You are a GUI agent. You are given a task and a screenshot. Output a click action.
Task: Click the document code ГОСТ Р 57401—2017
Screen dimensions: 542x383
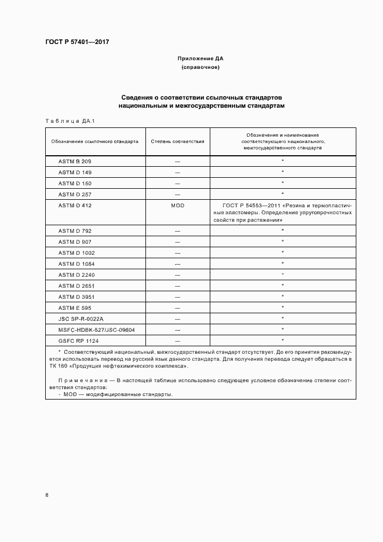pos(77,42)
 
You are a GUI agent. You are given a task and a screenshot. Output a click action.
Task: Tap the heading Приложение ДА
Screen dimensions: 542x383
pos(200,58)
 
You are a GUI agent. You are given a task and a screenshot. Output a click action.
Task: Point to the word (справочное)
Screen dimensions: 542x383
pos(200,68)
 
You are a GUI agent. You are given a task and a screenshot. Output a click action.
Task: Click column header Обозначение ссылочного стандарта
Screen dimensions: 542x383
pos(94,141)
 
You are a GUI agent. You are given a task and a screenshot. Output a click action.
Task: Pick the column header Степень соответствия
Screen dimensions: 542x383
pos(177,141)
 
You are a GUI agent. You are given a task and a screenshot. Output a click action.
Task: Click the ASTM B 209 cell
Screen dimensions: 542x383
pos(75,162)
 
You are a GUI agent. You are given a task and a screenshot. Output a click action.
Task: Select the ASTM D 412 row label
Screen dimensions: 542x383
pos(75,206)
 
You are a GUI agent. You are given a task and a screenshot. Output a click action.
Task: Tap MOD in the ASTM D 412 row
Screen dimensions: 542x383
pos(177,206)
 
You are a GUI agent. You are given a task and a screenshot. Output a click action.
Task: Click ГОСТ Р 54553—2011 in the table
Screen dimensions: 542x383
pos(243,206)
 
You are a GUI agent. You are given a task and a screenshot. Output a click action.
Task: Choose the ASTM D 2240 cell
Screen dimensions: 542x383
pos(76,275)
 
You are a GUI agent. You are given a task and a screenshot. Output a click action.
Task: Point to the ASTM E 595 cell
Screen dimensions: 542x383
pos(75,307)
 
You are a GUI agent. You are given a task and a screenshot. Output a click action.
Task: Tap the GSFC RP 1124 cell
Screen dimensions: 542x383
pos(78,340)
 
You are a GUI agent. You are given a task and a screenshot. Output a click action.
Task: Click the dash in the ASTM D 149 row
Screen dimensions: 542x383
pos(177,173)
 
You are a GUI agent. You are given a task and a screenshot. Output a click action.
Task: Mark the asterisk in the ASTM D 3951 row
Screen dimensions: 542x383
pos(282,296)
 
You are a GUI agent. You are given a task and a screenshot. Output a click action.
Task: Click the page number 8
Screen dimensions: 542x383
pos(47,495)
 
